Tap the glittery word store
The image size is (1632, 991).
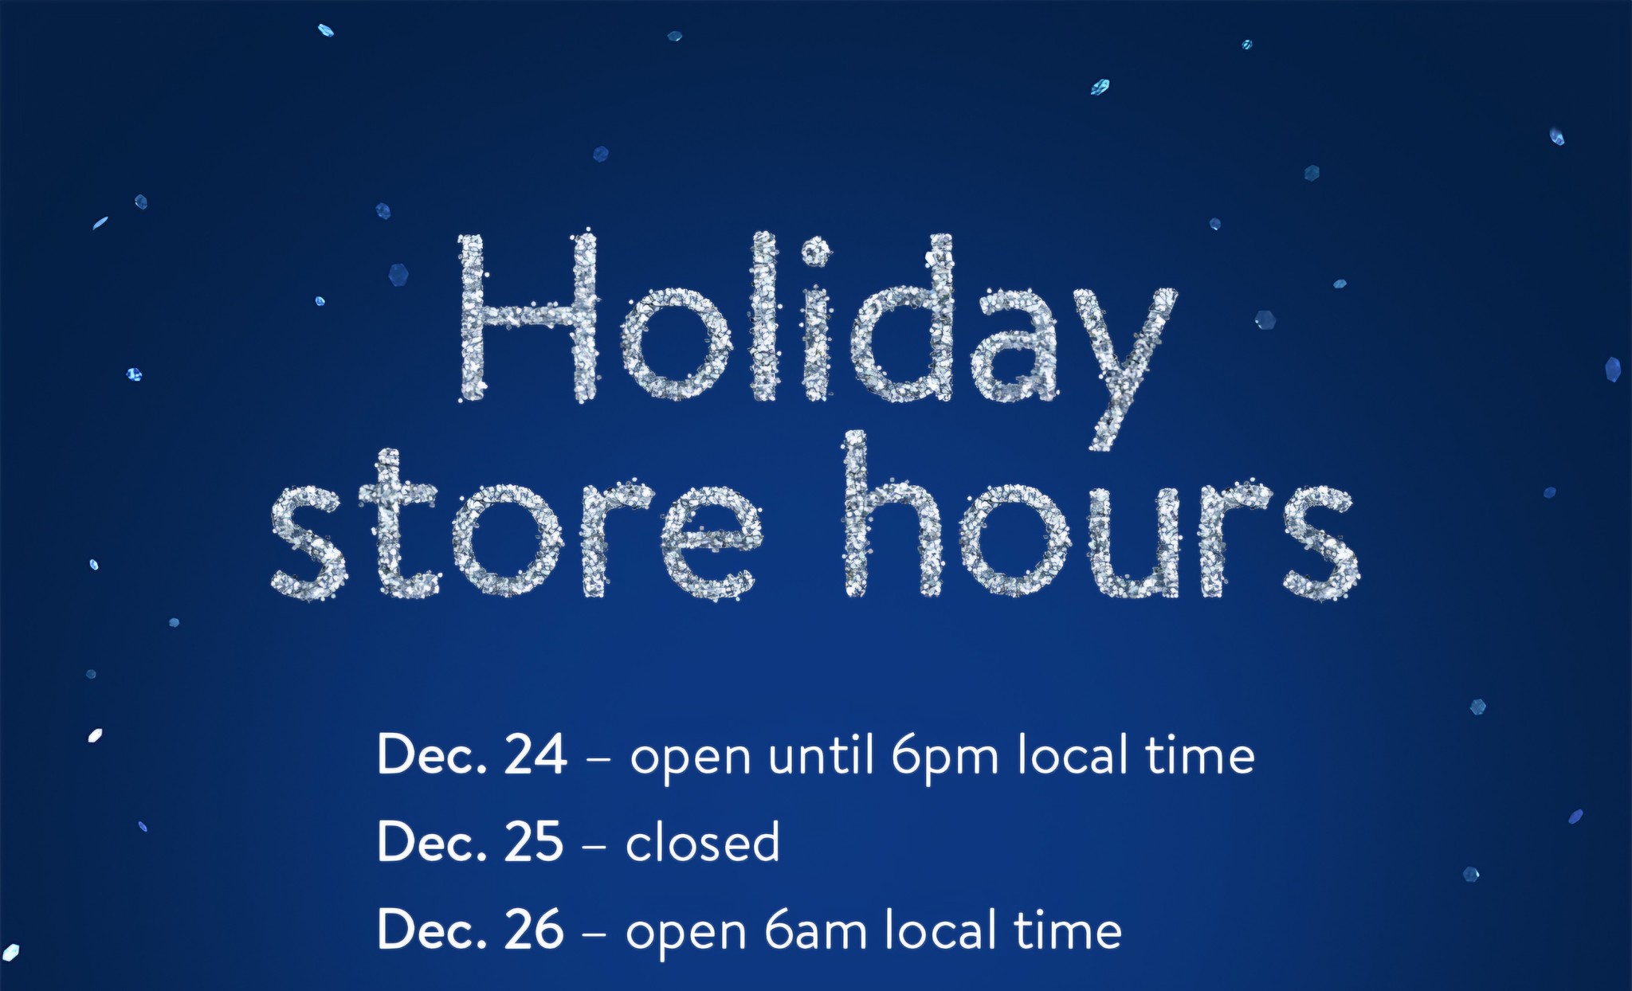coord(516,526)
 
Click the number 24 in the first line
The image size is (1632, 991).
coord(535,754)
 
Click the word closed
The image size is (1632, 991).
coord(703,841)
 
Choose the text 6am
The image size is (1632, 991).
coord(816,930)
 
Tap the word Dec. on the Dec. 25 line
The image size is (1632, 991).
coord(431,842)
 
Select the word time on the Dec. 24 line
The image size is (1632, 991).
coord(1201,754)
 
